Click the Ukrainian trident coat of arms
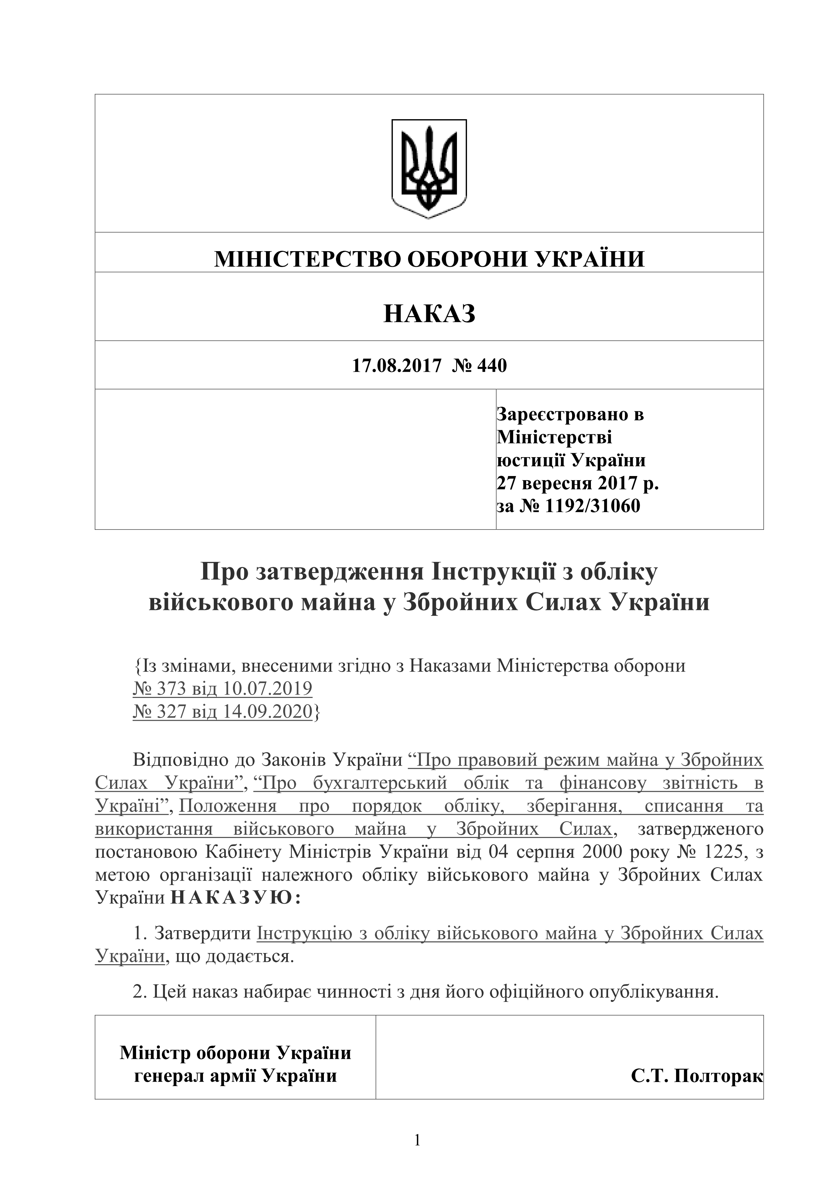point(429,168)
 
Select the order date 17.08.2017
point(396,366)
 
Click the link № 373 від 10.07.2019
point(222,688)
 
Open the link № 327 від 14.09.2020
point(222,711)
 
